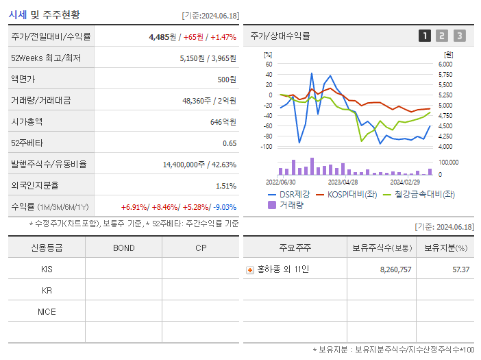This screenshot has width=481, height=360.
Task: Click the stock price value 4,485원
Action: (162, 37)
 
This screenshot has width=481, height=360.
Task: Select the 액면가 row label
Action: (25, 80)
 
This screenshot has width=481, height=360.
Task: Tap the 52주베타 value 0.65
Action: (230, 143)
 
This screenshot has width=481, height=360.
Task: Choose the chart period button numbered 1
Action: (425, 36)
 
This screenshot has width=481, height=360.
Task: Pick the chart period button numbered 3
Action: (459, 36)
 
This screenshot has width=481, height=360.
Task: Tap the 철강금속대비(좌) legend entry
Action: (424, 194)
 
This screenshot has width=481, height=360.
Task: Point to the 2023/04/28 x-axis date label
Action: (343, 182)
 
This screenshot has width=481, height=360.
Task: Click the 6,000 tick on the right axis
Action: (445, 64)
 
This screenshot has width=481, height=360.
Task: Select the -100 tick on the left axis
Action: (268, 147)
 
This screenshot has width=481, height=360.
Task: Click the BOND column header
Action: (124, 248)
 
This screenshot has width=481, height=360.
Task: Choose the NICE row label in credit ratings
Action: (47, 311)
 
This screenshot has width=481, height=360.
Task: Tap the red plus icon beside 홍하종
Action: (249, 269)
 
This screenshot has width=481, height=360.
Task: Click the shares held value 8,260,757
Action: (395, 269)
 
